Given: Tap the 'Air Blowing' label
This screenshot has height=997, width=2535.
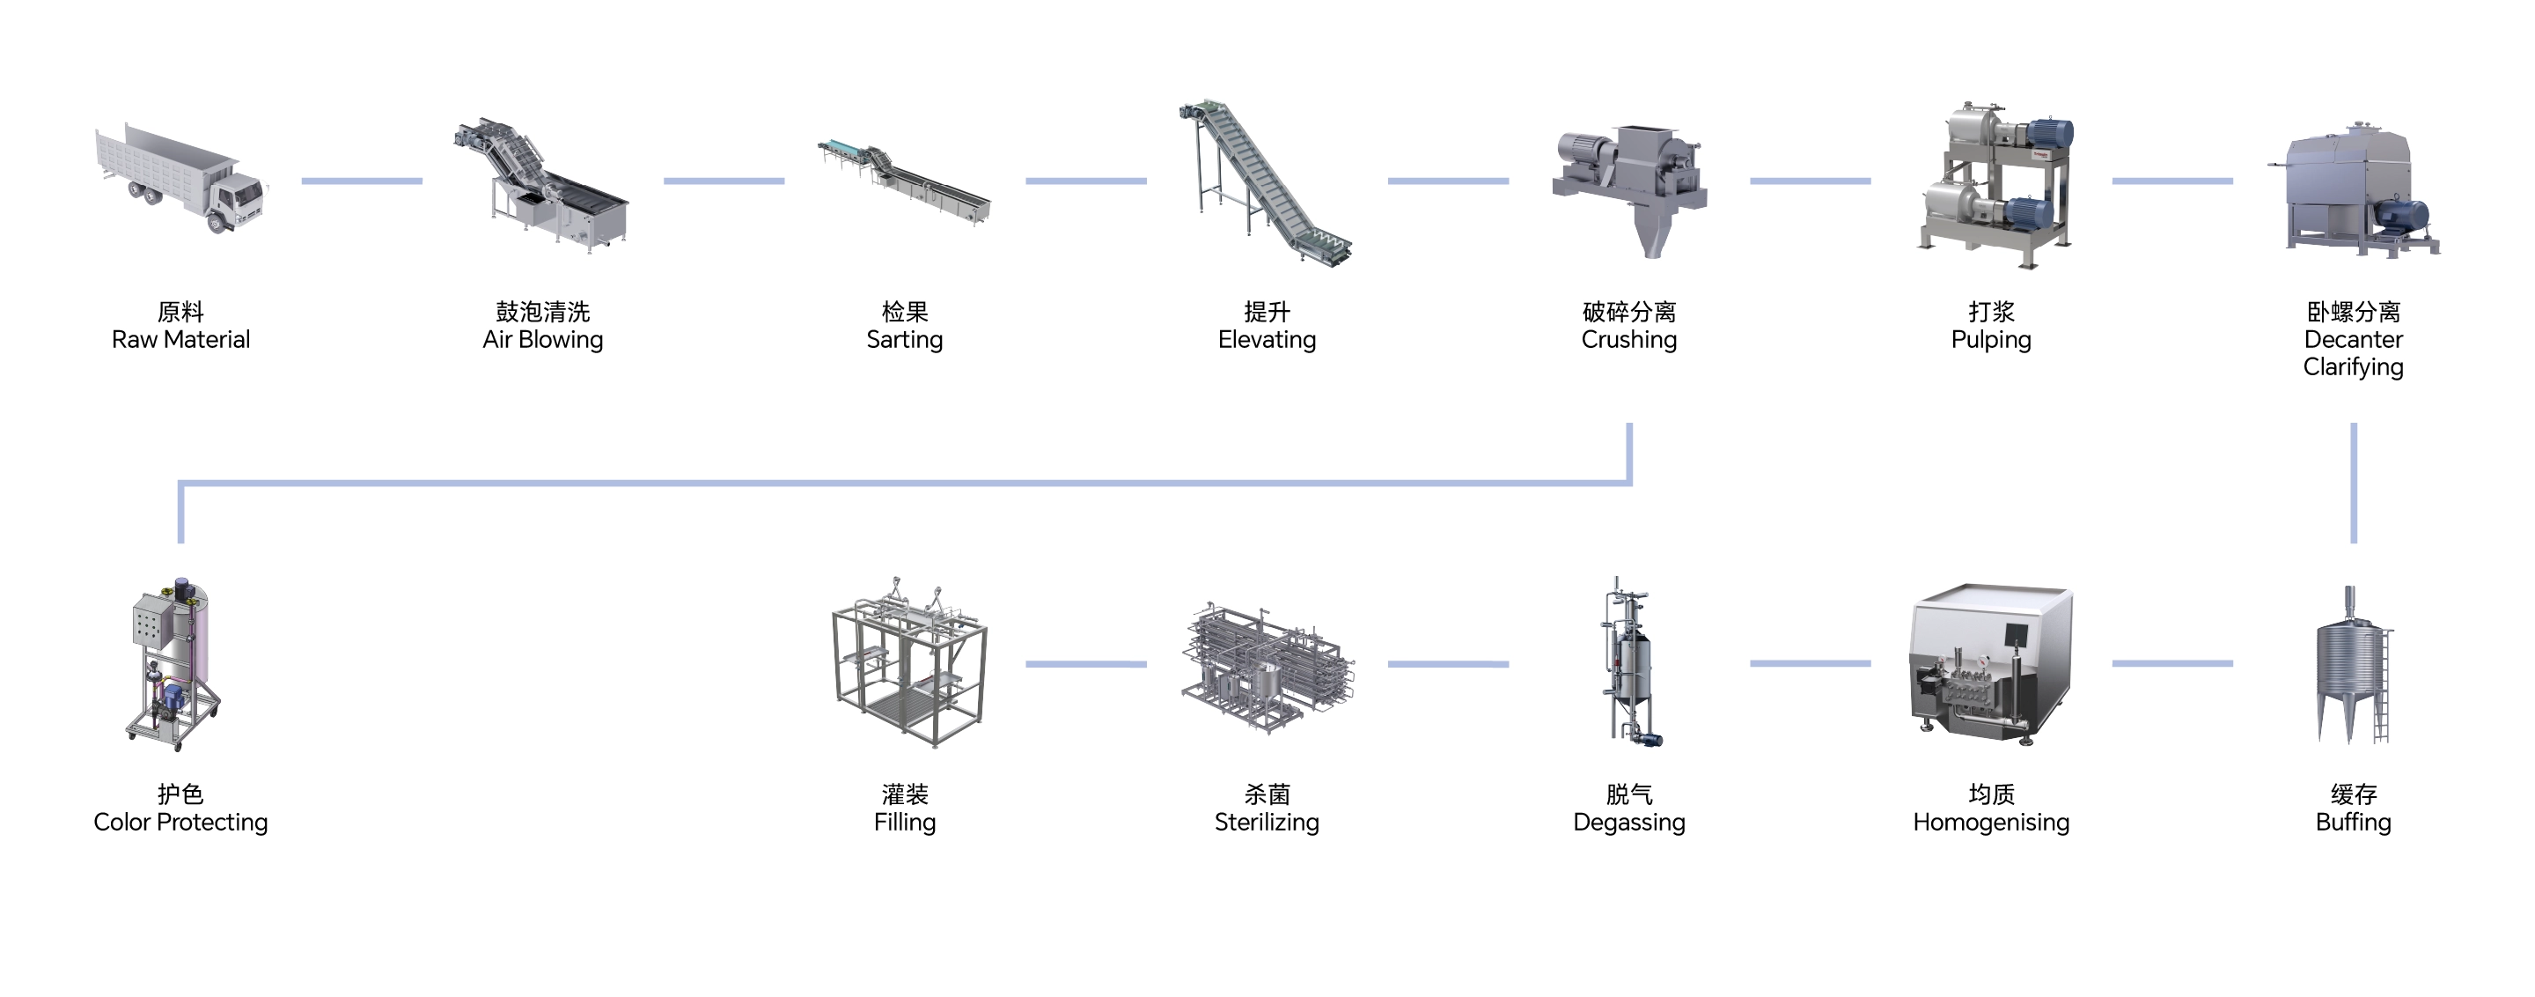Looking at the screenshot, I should click(x=542, y=340).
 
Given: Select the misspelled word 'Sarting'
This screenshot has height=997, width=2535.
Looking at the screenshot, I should click(x=904, y=340).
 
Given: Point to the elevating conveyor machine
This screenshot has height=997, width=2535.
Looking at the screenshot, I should click(x=1264, y=182).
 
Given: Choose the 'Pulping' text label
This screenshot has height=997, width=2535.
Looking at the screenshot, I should click(x=1991, y=340).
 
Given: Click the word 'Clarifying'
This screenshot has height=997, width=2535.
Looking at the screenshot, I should click(x=2353, y=367).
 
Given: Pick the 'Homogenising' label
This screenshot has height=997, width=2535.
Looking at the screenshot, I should click(x=1991, y=822).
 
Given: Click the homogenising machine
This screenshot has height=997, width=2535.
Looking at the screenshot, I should click(x=1990, y=664).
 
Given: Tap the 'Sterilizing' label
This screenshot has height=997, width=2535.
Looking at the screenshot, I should click(x=1267, y=822).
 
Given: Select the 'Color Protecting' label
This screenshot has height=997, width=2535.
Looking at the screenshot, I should click(x=180, y=822).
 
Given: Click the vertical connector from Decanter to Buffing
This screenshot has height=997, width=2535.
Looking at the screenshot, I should click(x=2353, y=483).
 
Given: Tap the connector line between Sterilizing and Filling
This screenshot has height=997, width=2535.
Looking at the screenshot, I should click(x=1085, y=664).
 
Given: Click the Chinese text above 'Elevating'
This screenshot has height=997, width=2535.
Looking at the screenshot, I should click(x=1267, y=312).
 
